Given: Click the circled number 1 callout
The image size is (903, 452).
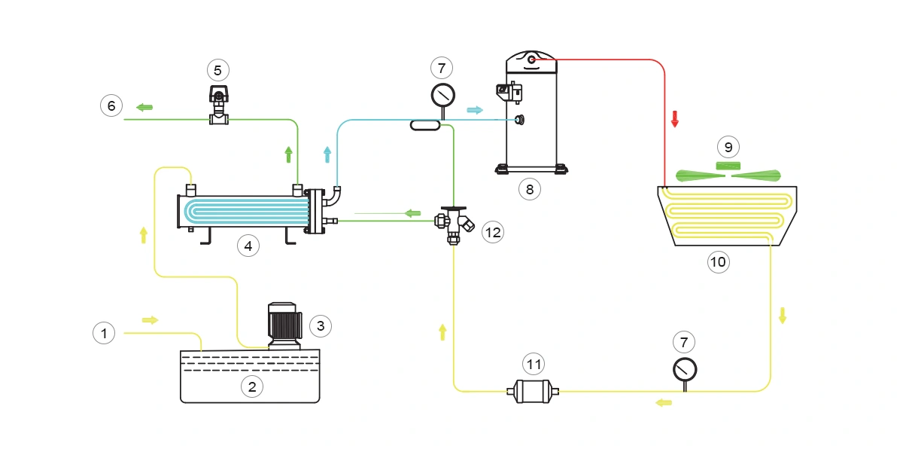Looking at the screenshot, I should point(104,332).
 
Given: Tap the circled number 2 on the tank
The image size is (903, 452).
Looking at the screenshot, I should point(251,386).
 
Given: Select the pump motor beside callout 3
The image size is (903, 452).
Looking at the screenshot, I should point(284,325).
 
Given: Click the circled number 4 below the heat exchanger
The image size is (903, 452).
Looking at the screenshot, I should point(248,245).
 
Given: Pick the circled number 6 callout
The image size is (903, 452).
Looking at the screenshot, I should point(111,106).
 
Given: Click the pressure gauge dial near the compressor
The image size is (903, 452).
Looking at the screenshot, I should point(442,94).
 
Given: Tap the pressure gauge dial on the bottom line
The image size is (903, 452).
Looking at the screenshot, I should point(685,369).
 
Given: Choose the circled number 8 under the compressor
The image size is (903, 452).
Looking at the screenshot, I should point(529,189).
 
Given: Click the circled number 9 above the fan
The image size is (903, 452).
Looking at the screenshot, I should point(728,147).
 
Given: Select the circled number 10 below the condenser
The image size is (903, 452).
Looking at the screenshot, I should point(718,261).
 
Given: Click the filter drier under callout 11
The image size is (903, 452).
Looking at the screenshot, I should point(534,391).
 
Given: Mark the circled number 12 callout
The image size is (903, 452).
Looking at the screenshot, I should point(492,232).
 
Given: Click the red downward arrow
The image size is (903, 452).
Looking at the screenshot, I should point(675,119).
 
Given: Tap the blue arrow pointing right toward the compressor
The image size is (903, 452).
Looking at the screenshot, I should point(475,110).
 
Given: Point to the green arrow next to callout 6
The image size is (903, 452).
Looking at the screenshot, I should point(144,108).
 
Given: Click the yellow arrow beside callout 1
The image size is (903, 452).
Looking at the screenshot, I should point(150,320).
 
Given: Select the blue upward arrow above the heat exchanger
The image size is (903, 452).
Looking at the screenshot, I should point(327,154).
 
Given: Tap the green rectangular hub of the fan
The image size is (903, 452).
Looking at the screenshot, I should point(728,166).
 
